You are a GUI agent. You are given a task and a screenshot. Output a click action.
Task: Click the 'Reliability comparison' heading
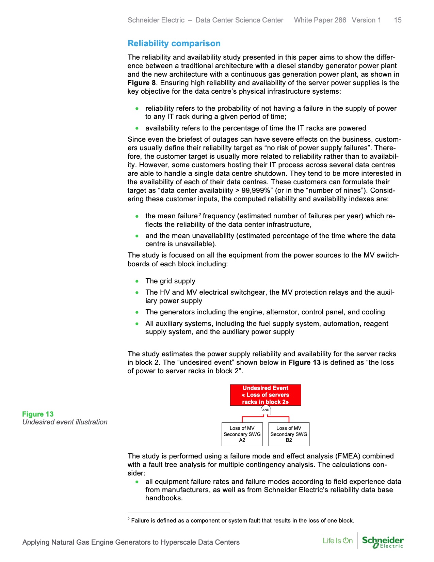(x=174, y=44)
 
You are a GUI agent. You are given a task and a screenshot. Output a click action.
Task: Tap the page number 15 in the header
(x=398, y=20)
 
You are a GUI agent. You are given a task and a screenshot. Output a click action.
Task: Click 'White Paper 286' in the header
(x=320, y=20)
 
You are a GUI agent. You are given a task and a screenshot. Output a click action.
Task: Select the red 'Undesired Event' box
(x=266, y=395)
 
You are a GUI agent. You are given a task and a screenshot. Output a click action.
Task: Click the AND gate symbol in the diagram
(x=266, y=410)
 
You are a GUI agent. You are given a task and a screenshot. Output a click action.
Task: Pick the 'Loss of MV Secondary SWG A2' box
(x=242, y=434)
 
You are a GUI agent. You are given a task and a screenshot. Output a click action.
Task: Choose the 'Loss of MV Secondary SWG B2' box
(x=289, y=434)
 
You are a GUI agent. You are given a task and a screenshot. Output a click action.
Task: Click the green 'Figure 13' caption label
(x=38, y=414)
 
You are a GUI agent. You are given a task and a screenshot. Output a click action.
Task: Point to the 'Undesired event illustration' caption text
(x=65, y=422)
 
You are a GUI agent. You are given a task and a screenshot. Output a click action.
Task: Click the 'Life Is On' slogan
(x=338, y=541)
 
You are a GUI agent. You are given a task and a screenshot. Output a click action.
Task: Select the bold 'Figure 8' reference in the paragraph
(x=141, y=83)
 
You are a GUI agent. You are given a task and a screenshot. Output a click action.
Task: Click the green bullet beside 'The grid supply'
(x=137, y=281)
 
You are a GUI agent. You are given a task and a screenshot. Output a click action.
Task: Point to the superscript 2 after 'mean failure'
(x=200, y=215)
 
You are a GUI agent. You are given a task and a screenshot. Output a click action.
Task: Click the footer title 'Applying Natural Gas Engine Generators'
(x=131, y=542)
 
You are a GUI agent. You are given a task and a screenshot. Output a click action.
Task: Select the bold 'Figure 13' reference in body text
(x=304, y=362)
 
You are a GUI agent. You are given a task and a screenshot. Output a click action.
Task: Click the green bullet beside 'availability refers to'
(x=137, y=128)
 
